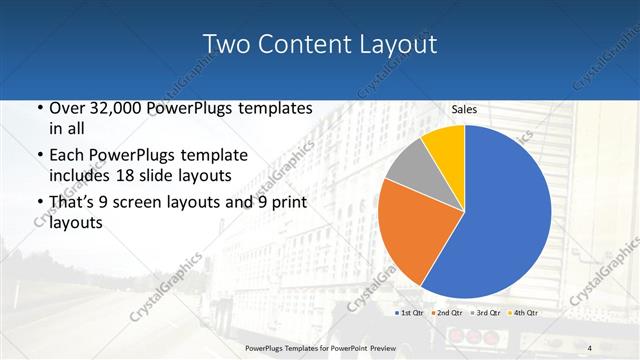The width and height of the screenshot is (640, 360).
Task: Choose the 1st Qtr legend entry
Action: click(x=410, y=314)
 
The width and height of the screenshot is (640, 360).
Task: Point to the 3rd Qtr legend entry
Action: click(x=485, y=314)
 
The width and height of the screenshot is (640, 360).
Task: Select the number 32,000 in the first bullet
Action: click(x=116, y=108)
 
